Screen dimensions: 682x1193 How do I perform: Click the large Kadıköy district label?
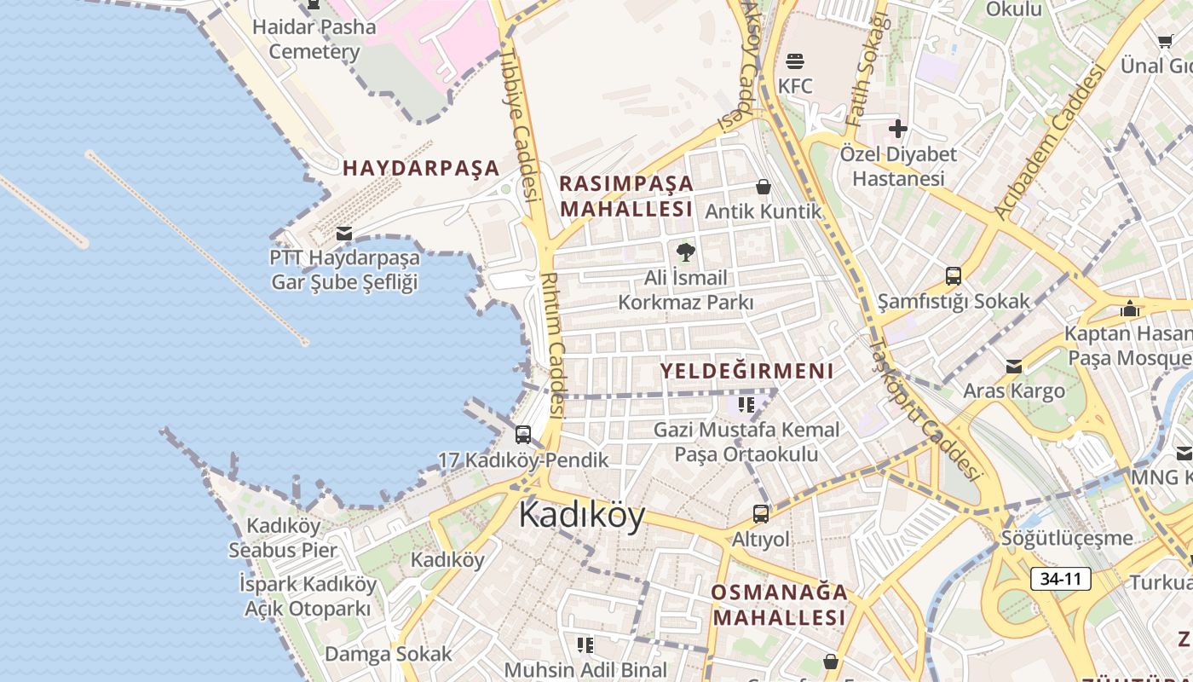pyautogui.click(x=582, y=516)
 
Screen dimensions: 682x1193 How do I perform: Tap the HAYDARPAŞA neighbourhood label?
pyautogui.click(x=421, y=168)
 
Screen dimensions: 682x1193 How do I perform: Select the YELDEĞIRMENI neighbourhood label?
pyautogui.click(x=746, y=371)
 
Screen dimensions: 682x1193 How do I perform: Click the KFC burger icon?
pyautogui.click(x=795, y=61)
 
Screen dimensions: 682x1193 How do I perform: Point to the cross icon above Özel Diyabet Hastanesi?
pyautogui.click(x=897, y=129)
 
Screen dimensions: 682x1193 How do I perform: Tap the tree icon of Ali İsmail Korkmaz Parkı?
pyautogui.click(x=685, y=252)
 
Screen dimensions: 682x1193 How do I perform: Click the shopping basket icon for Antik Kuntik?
pyautogui.click(x=764, y=187)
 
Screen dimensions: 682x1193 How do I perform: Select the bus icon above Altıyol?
pyautogui.click(x=761, y=514)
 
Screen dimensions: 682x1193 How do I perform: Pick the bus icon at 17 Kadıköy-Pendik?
pyautogui.click(x=523, y=435)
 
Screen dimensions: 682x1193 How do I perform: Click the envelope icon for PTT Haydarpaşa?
pyautogui.click(x=344, y=233)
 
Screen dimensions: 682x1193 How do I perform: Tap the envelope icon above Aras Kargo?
pyautogui.click(x=1014, y=367)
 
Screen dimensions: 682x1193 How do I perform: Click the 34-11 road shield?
pyautogui.click(x=1061, y=579)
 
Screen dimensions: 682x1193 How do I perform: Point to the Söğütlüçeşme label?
pyautogui.click(x=1067, y=538)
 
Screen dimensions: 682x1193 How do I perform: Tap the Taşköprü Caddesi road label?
pyautogui.click(x=925, y=409)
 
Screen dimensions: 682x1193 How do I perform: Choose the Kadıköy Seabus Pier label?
pyautogui.click(x=283, y=538)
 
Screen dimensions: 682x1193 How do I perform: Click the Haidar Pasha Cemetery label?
pyautogui.click(x=314, y=39)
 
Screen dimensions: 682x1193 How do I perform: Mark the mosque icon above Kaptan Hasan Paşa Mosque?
pyautogui.click(x=1130, y=309)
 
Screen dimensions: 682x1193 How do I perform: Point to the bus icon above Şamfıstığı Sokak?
pyautogui.click(x=954, y=276)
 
